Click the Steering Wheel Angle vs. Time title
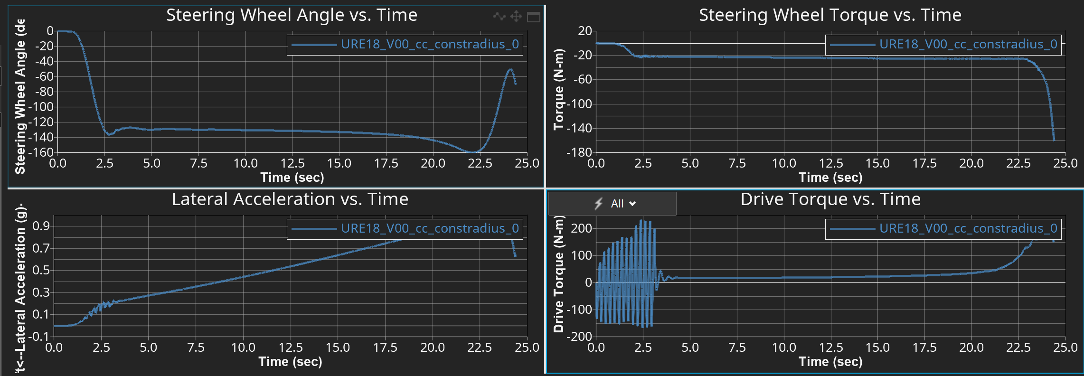click(292, 15)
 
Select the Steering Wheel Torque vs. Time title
click(830, 15)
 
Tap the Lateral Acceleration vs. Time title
click(290, 199)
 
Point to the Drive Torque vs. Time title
click(830, 199)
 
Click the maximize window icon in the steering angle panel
click(534, 17)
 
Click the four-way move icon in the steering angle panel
click(516, 17)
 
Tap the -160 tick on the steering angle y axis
click(41, 152)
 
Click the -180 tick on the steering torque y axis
click(579, 152)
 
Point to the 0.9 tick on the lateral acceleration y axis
click(41, 226)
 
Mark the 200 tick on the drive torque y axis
click(581, 228)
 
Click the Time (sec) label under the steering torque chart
click(830, 178)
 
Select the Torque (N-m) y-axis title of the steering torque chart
click(558, 89)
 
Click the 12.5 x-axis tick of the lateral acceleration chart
click(290, 348)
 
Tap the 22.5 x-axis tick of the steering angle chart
click(480, 163)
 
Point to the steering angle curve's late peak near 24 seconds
click(510, 69)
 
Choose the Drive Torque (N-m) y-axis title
click(558, 274)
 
